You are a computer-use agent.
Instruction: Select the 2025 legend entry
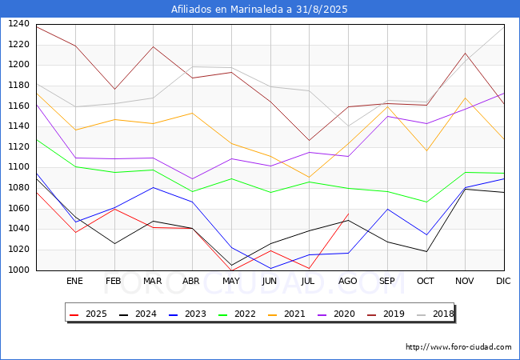(x=88, y=314)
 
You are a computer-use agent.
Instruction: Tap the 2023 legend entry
(x=187, y=314)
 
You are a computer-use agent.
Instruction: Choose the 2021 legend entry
(x=286, y=314)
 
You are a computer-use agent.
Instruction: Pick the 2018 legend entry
(x=435, y=314)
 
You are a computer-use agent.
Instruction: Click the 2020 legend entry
(x=336, y=314)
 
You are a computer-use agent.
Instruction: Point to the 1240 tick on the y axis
(x=18, y=24)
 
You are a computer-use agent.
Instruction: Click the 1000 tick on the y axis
(x=18, y=270)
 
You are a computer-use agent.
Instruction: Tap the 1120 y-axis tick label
(x=18, y=147)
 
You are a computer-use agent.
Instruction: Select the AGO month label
(x=347, y=281)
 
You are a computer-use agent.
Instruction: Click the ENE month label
(x=74, y=281)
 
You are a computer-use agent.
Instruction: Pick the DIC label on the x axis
(x=503, y=281)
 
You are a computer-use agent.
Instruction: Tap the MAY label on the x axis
(x=231, y=281)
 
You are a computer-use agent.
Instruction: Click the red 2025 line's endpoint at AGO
(x=348, y=214)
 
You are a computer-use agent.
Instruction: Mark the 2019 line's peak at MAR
(x=154, y=46)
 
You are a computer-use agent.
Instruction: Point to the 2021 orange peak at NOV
(x=466, y=98)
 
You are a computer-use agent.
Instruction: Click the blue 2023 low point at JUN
(x=270, y=269)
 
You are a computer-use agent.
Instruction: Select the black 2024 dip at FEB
(x=114, y=244)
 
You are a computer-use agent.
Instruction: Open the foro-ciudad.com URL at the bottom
(x=458, y=347)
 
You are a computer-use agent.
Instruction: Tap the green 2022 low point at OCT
(x=426, y=202)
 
